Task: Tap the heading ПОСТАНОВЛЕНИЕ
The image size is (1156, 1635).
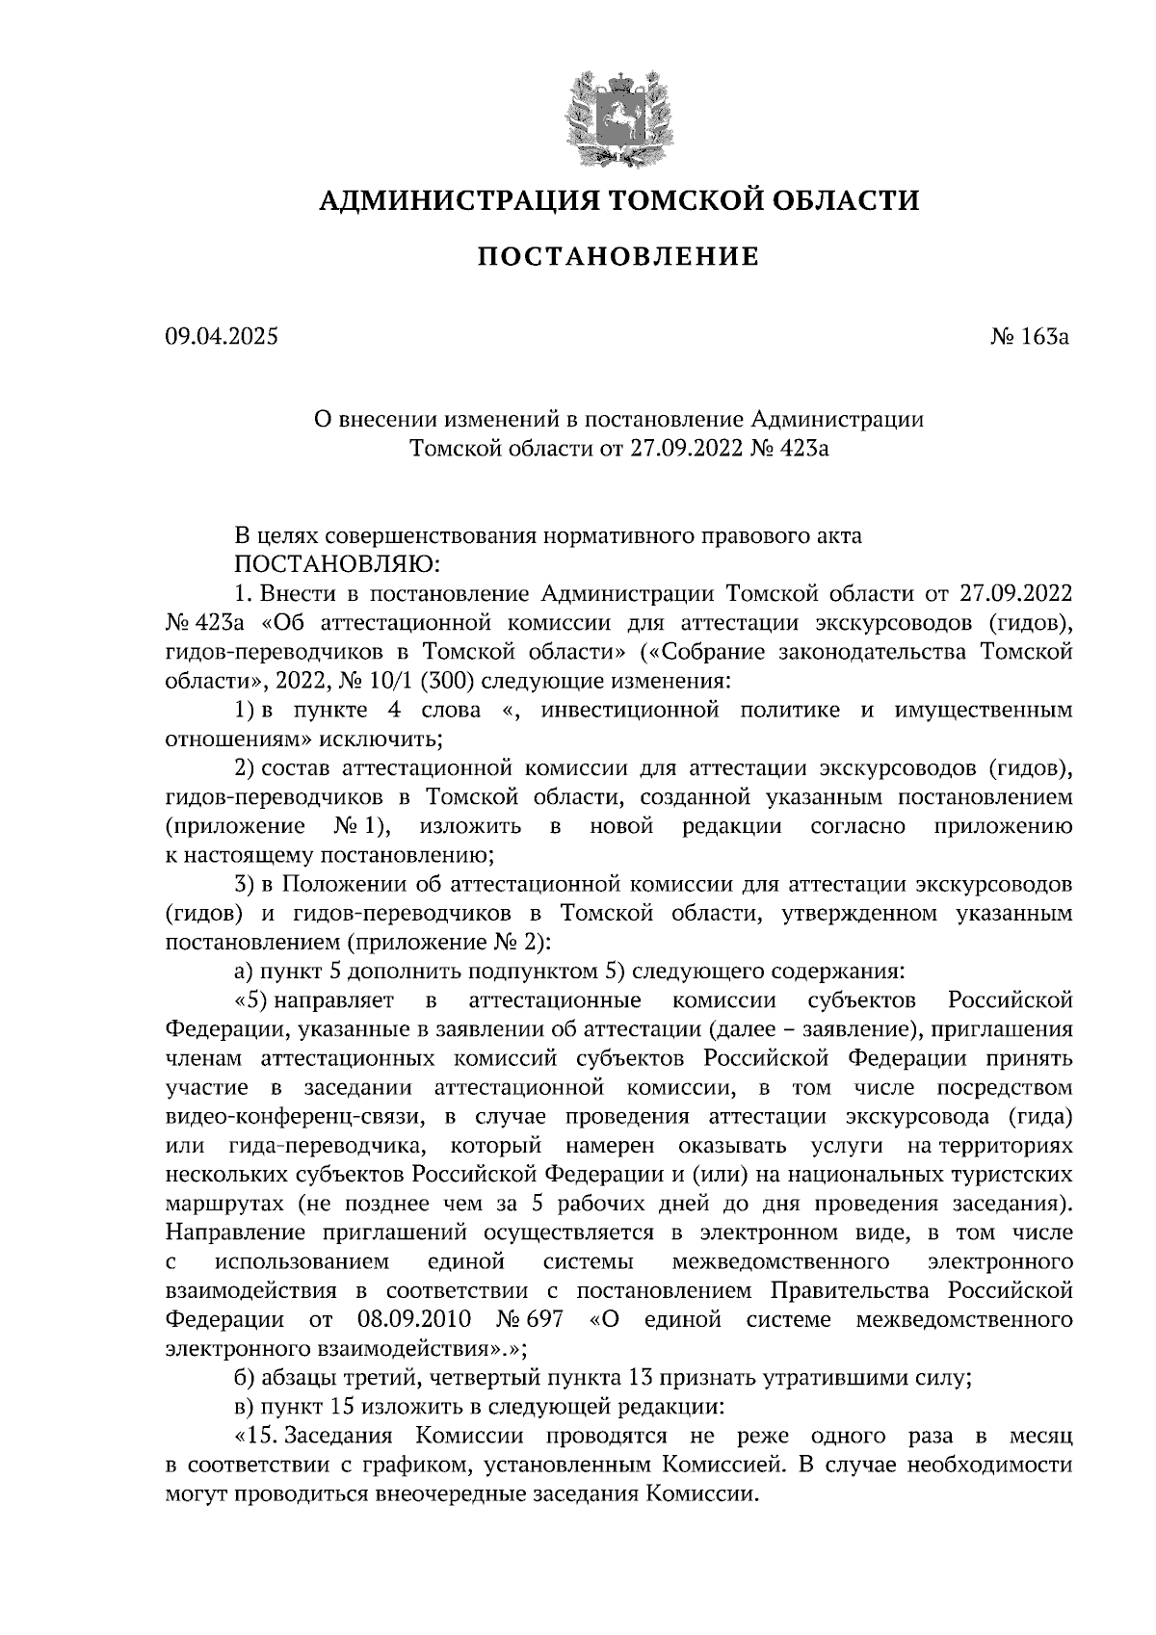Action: [617, 257]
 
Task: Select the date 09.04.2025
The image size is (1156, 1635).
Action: [221, 337]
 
